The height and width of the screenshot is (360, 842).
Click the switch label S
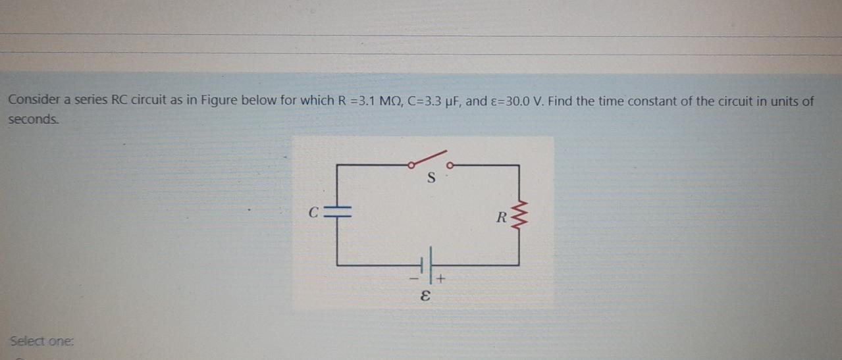(x=431, y=177)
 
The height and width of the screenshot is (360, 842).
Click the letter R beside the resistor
(x=502, y=218)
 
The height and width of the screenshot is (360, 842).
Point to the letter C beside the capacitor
(x=315, y=213)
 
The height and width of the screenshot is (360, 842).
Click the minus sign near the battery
(x=415, y=280)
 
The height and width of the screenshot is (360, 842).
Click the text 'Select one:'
(x=42, y=342)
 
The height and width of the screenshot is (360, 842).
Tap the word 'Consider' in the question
(x=34, y=101)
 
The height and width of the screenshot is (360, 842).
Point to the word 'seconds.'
(x=34, y=120)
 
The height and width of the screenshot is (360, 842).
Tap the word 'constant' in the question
(x=659, y=101)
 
